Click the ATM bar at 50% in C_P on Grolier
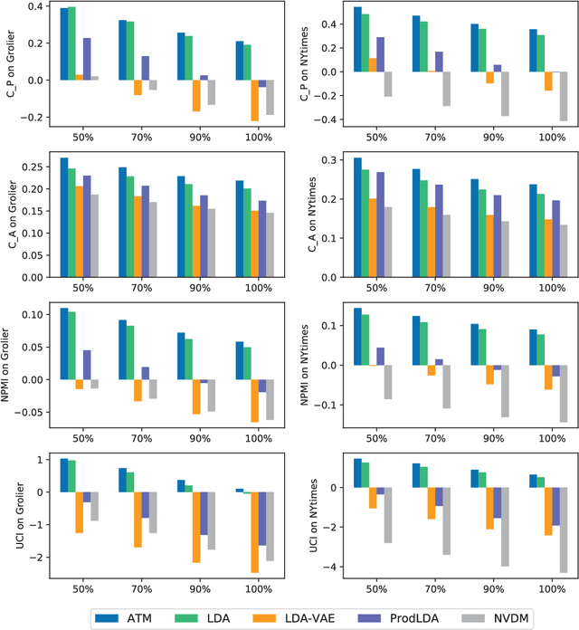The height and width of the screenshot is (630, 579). tap(64, 44)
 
